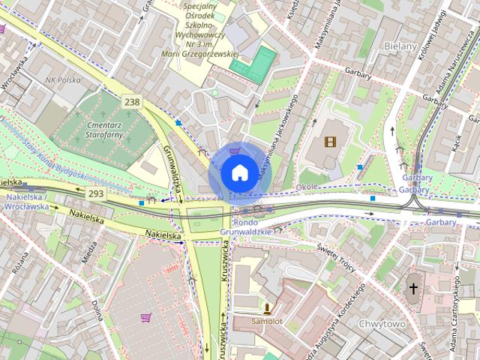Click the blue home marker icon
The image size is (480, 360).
click(x=238, y=172)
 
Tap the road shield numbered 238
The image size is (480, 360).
click(x=132, y=102)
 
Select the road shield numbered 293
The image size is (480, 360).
click(x=95, y=194)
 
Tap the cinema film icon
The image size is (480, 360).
click(x=331, y=141)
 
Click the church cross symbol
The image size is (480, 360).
click(x=413, y=288)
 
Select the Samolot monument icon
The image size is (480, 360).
click(x=266, y=307)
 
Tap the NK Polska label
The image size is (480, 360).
click(x=63, y=79)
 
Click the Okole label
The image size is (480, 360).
click(x=307, y=186)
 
